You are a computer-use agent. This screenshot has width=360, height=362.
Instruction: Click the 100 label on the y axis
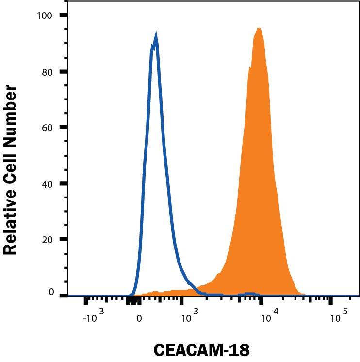click(45, 16)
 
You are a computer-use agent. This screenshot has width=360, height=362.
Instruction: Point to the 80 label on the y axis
click(48, 72)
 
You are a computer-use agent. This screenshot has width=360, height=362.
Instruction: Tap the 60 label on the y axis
click(48, 128)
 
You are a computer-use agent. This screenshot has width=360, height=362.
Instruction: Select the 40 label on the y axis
click(48, 184)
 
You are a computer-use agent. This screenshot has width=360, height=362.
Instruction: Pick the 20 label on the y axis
click(48, 240)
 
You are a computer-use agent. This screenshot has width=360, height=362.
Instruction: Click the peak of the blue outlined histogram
click(156, 35)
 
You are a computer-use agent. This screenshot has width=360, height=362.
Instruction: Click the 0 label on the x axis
click(139, 319)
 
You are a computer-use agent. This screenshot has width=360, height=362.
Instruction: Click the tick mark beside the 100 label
click(64, 16)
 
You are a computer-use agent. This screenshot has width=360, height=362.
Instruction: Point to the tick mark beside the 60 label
click(64, 128)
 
